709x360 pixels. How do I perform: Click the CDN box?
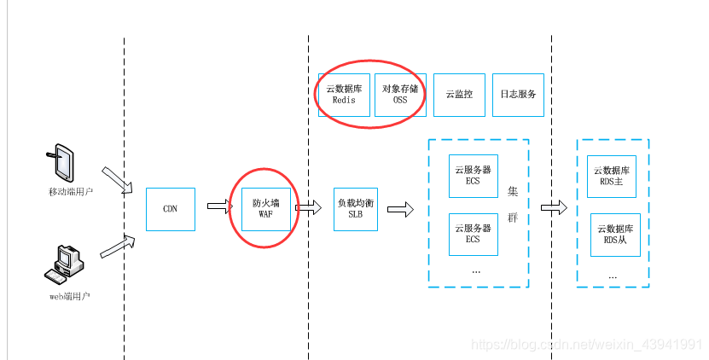[x=171, y=208]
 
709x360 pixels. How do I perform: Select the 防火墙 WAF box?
[x=265, y=208]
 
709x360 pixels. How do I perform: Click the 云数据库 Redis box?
[x=344, y=94]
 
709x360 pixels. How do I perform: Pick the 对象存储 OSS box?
[x=399, y=94]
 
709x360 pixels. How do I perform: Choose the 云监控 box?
[x=459, y=94]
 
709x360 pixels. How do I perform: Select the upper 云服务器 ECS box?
[x=473, y=175]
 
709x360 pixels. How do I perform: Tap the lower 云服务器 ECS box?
[x=473, y=234]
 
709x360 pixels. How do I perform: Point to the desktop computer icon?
[x=63, y=265]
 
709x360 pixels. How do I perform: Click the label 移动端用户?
[x=71, y=192]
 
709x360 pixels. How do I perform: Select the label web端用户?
[x=69, y=296]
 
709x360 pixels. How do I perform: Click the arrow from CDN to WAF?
[x=219, y=206]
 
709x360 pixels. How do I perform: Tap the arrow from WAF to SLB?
[x=309, y=207]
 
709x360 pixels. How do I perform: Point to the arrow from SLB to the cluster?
[x=399, y=208]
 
